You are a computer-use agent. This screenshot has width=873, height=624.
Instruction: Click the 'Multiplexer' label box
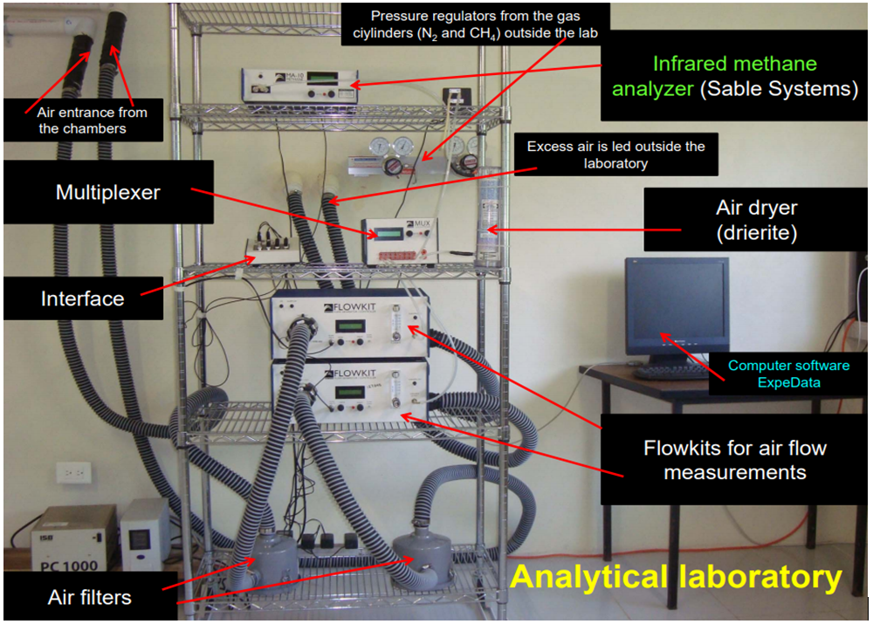pyautogui.click(x=108, y=192)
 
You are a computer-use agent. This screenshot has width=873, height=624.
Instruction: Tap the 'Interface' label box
pyautogui.click(x=83, y=299)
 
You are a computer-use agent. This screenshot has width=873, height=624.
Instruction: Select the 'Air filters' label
pyautogui.click(x=89, y=597)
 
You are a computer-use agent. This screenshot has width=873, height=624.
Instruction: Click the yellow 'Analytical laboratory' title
pyautogui.click(x=676, y=577)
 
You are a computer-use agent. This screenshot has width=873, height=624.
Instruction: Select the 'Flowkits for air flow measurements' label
pyautogui.click(x=734, y=461)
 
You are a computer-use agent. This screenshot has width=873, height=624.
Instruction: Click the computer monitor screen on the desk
pyautogui.click(x=676, y=305)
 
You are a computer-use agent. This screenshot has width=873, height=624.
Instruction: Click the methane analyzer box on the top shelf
pyautogui.click(x=299, y=85)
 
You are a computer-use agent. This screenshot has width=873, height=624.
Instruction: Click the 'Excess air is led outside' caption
pyautogui.click(x=615, y=154)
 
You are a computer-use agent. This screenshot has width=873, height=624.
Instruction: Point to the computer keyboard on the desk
pyautogui.click(x=672, y=371)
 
